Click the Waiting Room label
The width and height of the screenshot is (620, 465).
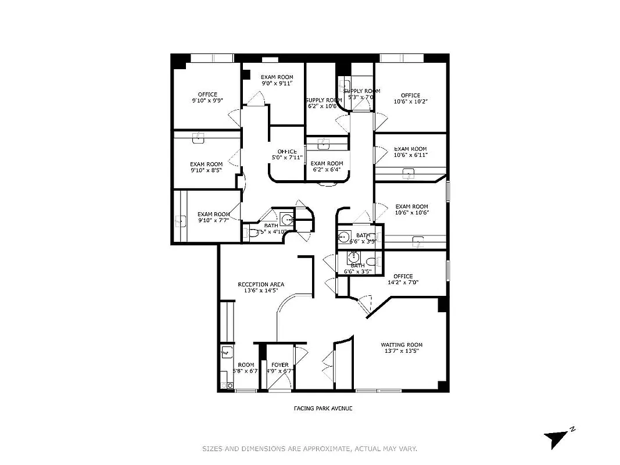coord(402,344)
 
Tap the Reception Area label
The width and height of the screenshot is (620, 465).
coord(261,284)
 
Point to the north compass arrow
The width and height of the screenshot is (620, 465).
coord(557,438)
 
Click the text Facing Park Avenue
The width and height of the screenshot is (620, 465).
coord(322,408)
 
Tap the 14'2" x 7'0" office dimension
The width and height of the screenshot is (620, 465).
coord(403,283)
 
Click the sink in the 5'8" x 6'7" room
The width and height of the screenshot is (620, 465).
coord(227,352)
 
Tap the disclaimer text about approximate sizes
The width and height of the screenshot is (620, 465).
coord(310,449)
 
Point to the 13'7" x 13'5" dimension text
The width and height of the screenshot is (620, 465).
coord(402,351)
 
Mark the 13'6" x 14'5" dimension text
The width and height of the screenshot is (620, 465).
coord(261,291)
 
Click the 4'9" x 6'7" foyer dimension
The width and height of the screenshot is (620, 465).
coord(278,371)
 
